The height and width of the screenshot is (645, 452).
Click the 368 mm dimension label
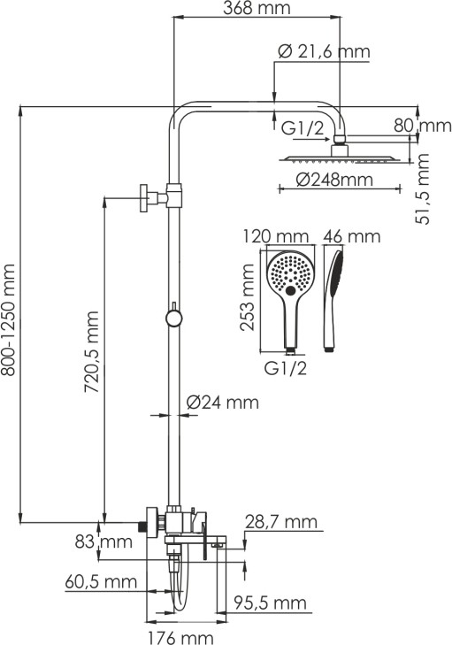click(x=257, y=8)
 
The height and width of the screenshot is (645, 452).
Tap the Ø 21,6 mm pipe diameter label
click(x=324, y=51)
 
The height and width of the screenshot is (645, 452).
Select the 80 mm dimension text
click(x=423, y=125)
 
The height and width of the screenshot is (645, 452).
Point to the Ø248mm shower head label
click(x=334, y=180)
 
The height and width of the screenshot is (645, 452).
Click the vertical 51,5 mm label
click(x=423, y=188)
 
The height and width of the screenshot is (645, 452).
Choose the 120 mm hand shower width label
click(x=276, y=236)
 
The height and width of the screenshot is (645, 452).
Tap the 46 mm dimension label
click(x=352, y=236)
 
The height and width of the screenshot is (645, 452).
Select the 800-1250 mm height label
click(x=8, y=320)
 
